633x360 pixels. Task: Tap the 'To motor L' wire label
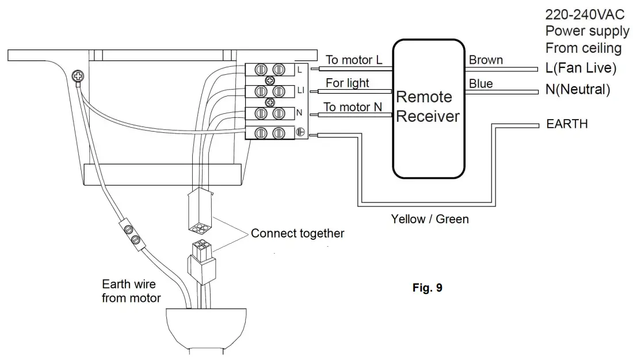coord(353,60)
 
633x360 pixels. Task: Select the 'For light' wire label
coord(348,83)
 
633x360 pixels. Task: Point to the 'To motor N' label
coord(353,106)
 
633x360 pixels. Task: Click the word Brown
coord(486,60)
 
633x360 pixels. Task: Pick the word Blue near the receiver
coord(481,84)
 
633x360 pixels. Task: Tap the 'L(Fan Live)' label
coord(581,68)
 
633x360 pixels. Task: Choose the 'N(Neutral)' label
coord(578,90)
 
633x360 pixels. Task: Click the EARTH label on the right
coord(567,124)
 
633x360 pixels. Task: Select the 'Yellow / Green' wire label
coord(430,219)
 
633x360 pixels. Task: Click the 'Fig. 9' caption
coord(428,288)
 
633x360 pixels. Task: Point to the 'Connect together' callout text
coord(298,233)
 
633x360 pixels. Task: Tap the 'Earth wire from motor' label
coord(131,291)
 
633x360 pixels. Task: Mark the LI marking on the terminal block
coord(300,91)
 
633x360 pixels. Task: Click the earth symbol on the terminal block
coord(300,132)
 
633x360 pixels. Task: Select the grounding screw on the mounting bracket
coord(76,75)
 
